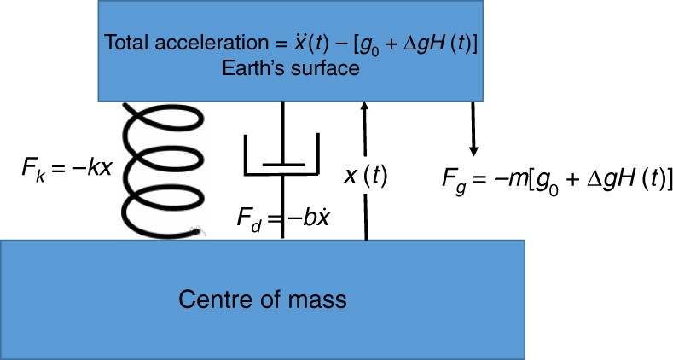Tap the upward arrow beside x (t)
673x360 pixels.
[x=365, y=171]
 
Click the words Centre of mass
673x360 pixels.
[x=262, y=299]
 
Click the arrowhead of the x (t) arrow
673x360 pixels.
[x=365, y=107]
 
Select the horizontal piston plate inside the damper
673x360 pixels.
[x=283, y=162]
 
